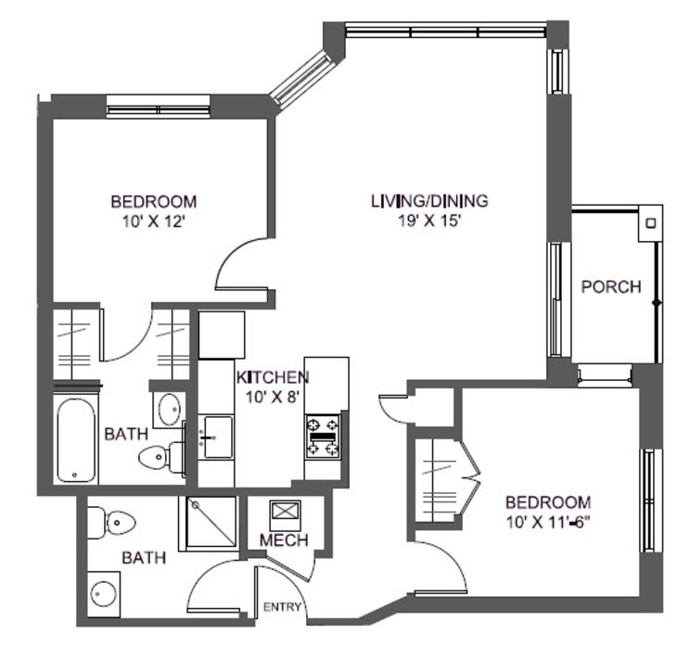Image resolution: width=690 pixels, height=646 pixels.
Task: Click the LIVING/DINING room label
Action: (429, 200)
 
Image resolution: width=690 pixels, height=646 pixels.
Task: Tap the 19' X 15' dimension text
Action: (428, 220)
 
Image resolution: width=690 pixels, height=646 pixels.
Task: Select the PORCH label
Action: (610, 286)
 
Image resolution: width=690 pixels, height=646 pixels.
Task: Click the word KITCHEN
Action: (272, 377)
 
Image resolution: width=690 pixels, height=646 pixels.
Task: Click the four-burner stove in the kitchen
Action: (323, 436)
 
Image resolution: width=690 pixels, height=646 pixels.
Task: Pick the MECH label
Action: (283, 540)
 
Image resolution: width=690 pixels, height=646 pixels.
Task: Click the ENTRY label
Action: (282, 608)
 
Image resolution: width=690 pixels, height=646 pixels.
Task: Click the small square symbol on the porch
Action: (651, 223)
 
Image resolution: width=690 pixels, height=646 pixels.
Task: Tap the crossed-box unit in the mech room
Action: (282, 513)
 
